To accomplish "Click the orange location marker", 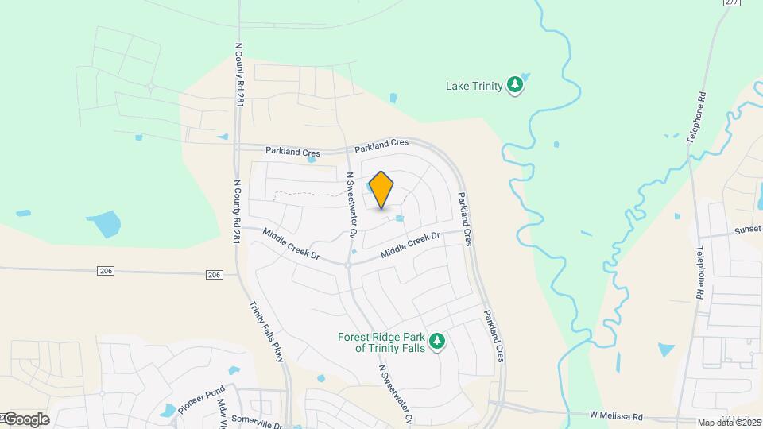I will pos(381,190).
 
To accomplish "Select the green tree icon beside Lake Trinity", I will pos(516,85).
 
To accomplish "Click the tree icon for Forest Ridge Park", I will pos(436,342).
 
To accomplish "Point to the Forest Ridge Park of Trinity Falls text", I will pos(382,342).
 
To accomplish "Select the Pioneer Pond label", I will pos(201,397).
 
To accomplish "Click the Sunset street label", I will pos(747,230).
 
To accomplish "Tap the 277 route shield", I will pos(732,3).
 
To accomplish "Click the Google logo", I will pos(25,419).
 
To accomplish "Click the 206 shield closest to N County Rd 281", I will pos(213,274).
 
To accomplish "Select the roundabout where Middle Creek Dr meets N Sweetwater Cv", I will pos(348,264).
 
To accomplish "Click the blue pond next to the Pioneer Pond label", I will pos(168,411).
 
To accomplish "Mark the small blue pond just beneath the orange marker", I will pos(400,218).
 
